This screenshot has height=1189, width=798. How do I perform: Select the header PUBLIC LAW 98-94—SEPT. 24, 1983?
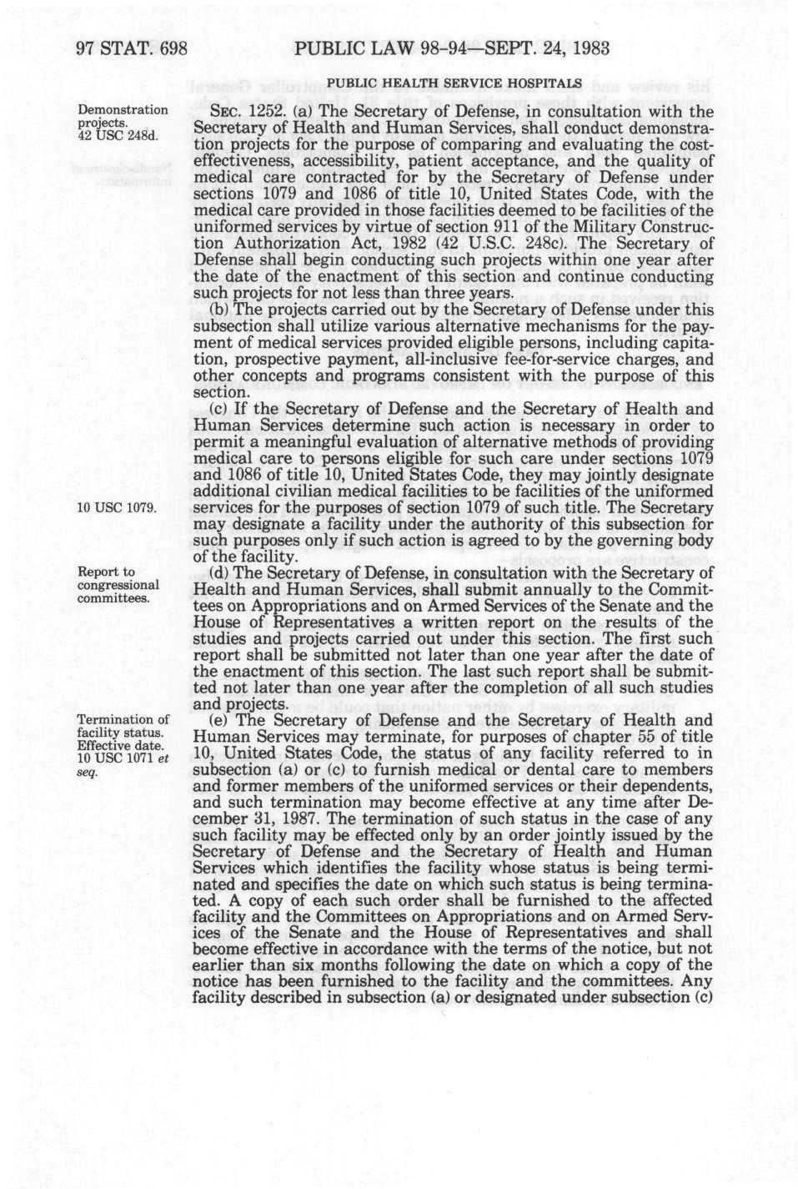point(453,48)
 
